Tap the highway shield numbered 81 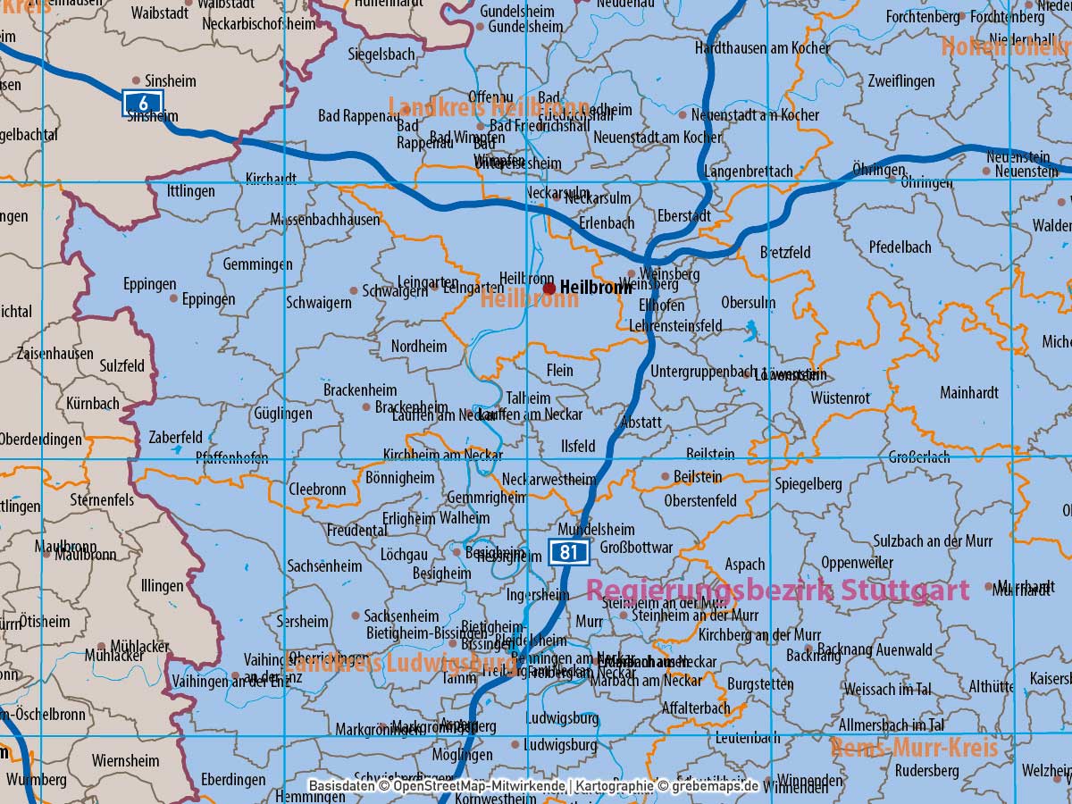tap(568, 552)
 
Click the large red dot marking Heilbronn tap(549, 288)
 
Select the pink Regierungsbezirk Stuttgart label tap(777, 590)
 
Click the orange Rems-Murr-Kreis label tap(914, 747)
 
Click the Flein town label tap(559, 370)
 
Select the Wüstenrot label tap(841, 398)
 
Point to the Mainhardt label tap(969, 392)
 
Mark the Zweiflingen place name tap(900, 81)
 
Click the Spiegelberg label tap(808, 484)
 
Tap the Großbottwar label tap(636, 547)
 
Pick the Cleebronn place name tap(317, 490)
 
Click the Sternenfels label tap(102, 499)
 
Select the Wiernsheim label tap(123, 761)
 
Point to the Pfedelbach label tap(900, 247)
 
